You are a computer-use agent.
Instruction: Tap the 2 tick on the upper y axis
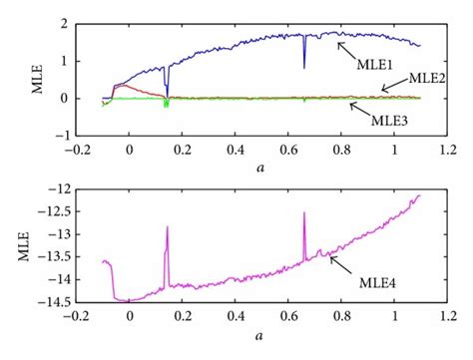click(63, 23)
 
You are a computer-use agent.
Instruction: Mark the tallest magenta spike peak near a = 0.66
click(304, 211)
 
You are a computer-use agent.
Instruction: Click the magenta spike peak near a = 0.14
click(167, 227)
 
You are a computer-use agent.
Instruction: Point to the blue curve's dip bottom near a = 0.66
click(304, 68)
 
